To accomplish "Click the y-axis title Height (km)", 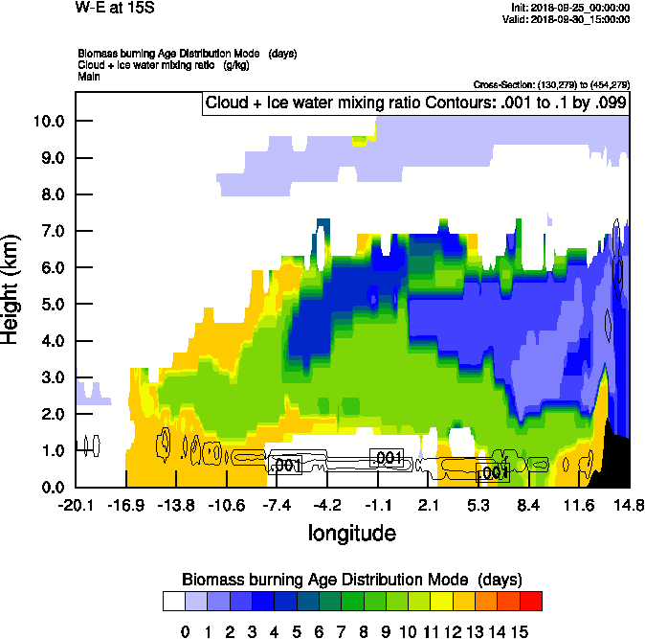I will (11, 288).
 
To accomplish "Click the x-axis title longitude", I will (351, 533).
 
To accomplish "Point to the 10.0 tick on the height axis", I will (48, 121).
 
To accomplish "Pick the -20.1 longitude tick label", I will (75, 505).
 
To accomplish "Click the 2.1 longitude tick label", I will (428, 505).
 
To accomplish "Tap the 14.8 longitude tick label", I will (629, 505).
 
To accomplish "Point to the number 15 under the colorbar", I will (519, 630).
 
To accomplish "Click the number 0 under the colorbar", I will (186, 630).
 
